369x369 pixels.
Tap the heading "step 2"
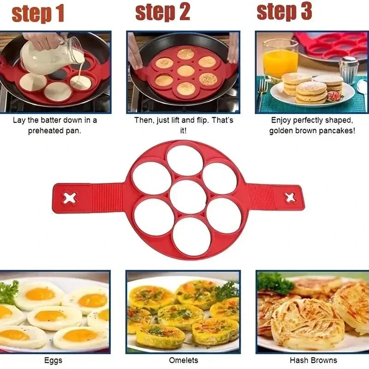pos(163,12)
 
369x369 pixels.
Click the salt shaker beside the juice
pos(349,69)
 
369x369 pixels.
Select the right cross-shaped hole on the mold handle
pos(290,198)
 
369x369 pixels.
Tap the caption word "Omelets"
pos(183,360)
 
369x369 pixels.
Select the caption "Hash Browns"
pos(313,360)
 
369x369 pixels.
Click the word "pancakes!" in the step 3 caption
pos(339,131)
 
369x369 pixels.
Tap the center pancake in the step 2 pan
pos(186,71)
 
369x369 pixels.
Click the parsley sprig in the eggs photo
pos(8,292)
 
